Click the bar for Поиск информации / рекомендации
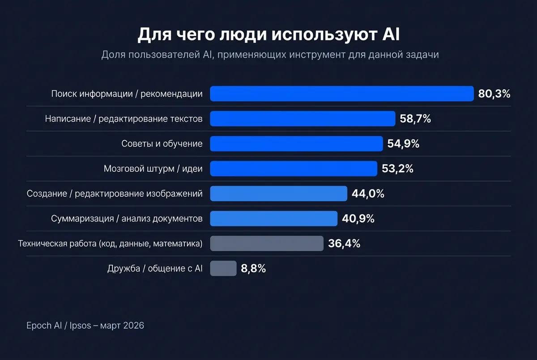(341, 94)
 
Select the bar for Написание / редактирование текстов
(303, 119)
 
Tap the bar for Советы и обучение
(296, 144)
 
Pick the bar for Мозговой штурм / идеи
(294, 169)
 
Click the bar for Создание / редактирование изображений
(278, 194)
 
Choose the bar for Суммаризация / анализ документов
(273, 219)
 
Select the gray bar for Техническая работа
(266, 244)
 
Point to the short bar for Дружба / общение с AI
(223, 268)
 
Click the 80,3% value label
(494, 94)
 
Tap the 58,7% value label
(415, 119)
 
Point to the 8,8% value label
(253, 268)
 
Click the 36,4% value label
(344, 244)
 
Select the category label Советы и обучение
(162, 144)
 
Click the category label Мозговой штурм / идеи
(153, 169)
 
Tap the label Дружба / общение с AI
(155, 268)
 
